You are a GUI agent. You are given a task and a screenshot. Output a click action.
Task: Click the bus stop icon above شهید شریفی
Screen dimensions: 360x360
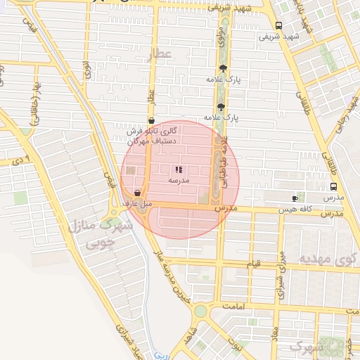(x=279, y=25)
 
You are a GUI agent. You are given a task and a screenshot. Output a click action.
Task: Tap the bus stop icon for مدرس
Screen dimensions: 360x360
(x=333, y=187)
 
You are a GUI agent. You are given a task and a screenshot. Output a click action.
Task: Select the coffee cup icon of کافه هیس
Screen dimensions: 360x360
(x=294, y=198)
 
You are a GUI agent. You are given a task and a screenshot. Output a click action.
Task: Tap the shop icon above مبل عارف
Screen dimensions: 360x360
(x=136, y=193)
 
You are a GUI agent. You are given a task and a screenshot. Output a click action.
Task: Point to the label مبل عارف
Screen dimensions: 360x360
(x=137, y=204)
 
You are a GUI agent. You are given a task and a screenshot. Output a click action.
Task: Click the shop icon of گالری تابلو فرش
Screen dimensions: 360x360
(x=152, y=120)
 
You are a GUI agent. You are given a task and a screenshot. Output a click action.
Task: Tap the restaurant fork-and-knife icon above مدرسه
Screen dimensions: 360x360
(x=179, y=169)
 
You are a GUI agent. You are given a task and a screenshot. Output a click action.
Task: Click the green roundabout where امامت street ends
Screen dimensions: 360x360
(x=201, y=310)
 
